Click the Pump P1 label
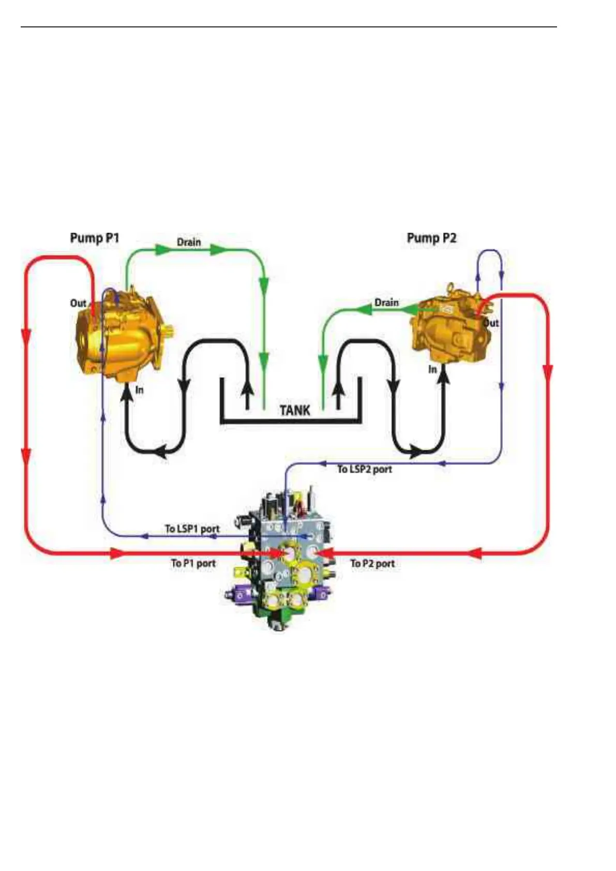pyautogui.click(x=95, y=238)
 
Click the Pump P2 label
pyautogui.click(x=431, y=238)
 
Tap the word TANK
pyautogui.click(x=295, y=410)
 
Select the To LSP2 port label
pyautogui.click(x=365, y=469)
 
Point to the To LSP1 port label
pyautogui.click(x=192, y=529)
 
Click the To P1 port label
pyautogui.click(x=193, y=563)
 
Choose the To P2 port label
pyautogui.click(x=372, y=563)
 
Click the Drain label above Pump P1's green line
pyautogui.click(x=189, y=242)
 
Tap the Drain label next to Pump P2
pyautogui.click(x=386, y=302)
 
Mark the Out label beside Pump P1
pyautogui.click(x=78, y=303)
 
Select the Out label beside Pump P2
pyautogui.click(x=490, y=323)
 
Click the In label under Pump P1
pyautogui.click(x=139, y=390)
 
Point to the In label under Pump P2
pyautogui.click(x=432, y=369)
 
